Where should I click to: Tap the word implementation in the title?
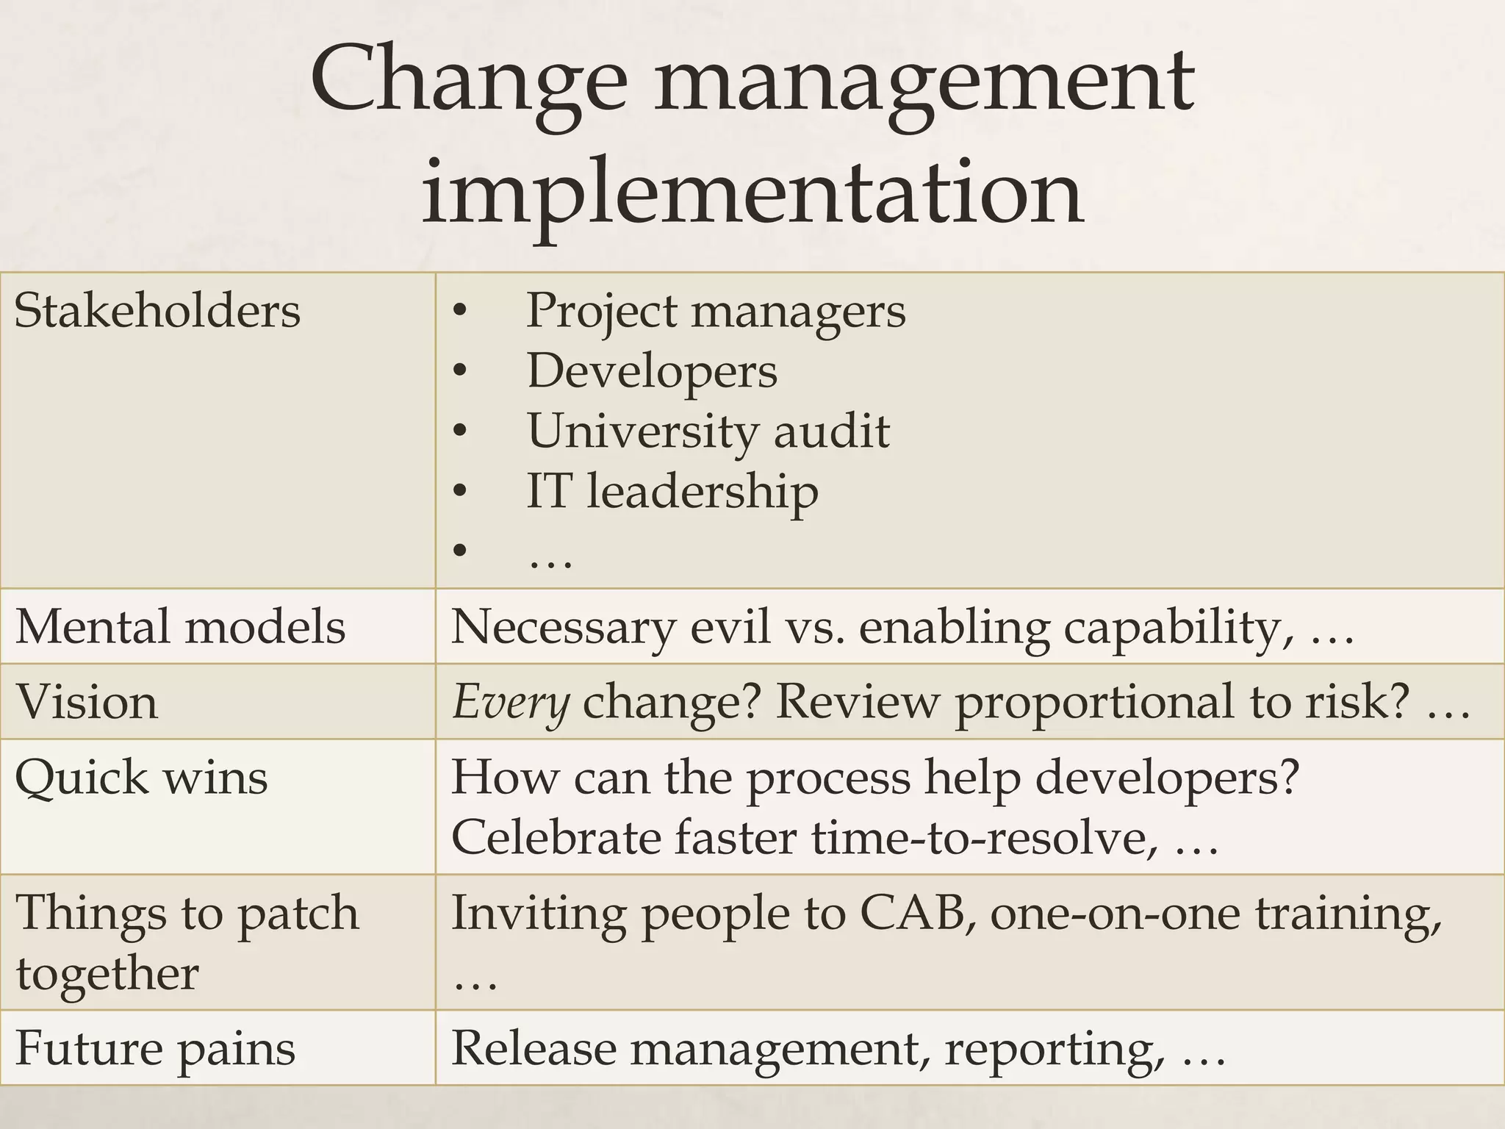pyautogui.click(x=752, y=193)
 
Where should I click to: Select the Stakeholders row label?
pyautogui.click(x=157, y=311)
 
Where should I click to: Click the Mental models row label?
pyautogui.click(x=180, y=627)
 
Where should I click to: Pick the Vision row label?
pyautogui.click(x=87, y=702)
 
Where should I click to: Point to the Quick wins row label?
pyautogui.click(x=141, y=777)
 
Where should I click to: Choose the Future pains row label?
pyautogui.click(x=155, y=1048)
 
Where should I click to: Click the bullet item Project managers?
pyautogui.click(x=715, y=311)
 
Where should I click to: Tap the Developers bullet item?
pyautogui.click(x=652, y=371)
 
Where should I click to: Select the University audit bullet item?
pyautogui.click(x=708, y=431)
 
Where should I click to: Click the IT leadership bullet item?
pyautogui.click(x=672, y=491)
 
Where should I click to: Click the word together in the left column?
pyautogui.click(x=107, y=974)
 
